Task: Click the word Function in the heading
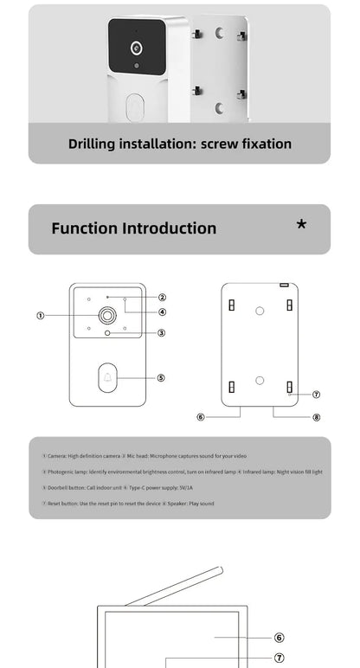(84, 228)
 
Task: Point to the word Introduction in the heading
(169, 228)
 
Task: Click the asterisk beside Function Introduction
(301, 226)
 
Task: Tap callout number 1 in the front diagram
(41, 315)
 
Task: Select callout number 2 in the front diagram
(162, 297)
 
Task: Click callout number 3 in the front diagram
(161, 332)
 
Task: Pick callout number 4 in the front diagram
(162, 312)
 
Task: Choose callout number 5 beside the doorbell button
(161, 377)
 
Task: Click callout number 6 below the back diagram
(201, 416)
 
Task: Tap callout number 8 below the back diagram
(316, 416)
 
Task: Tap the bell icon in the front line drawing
(108, 377)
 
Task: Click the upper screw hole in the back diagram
(260, 312)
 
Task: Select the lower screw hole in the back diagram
(260, 379)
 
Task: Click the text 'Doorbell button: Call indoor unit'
(81, 487)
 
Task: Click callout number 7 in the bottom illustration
(279, 658)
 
